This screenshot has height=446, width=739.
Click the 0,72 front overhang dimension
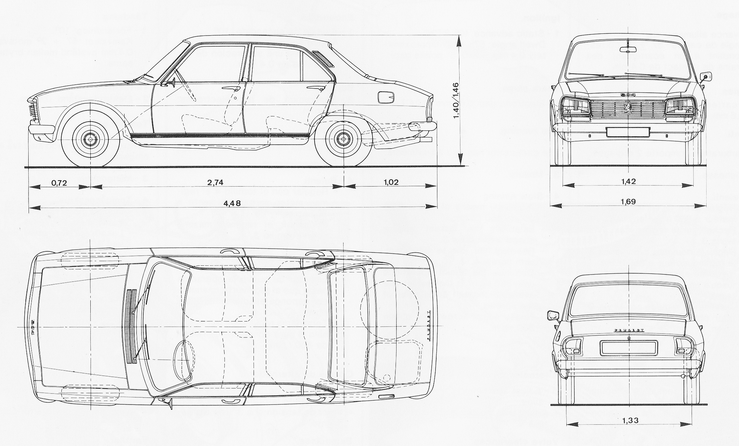click(59, 183)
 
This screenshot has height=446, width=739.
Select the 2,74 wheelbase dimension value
click(215, 182)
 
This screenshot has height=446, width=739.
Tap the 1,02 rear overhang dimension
click(391, 182)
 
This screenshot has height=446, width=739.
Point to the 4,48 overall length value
click(232, 203)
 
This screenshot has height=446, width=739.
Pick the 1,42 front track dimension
click(628, 181)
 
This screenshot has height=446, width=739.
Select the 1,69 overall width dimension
click(628, 202)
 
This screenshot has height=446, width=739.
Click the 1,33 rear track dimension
click(630, 421)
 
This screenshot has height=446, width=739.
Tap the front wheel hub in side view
click(90, 139)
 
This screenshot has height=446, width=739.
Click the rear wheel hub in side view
click(344, 139)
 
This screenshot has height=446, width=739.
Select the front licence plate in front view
click(628, 132)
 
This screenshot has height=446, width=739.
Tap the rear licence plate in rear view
click(628, 348)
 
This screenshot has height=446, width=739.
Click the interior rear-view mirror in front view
click(628, 50)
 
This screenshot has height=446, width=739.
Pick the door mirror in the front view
click(707, 77)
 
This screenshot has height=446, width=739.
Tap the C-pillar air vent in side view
click(323, 59)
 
